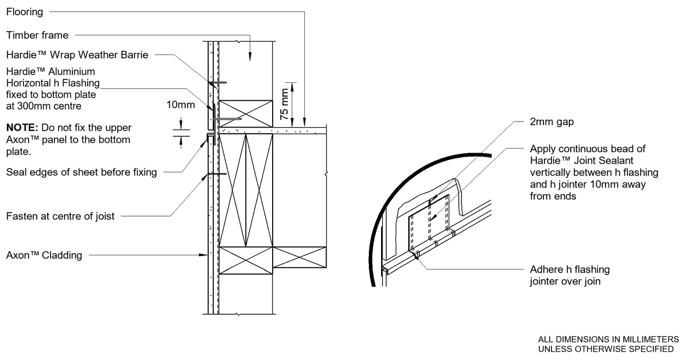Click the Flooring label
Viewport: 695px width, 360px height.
[x=24, y=11]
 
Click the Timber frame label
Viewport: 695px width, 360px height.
[x=37, y=35]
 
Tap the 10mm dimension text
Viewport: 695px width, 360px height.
[x=180, y=105]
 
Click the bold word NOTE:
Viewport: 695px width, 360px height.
[x=22, y=128]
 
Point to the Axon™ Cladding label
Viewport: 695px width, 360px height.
[x=44, y=255]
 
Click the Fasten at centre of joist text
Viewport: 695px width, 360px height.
[x=60, y=217]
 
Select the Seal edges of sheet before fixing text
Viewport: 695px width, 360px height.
[x=81, y=172]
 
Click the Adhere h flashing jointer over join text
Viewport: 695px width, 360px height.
[x=569, y=275]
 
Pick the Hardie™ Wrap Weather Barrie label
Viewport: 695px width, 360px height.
[x=77, y=55]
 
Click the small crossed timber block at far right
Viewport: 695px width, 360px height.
[x=299, y=257]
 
